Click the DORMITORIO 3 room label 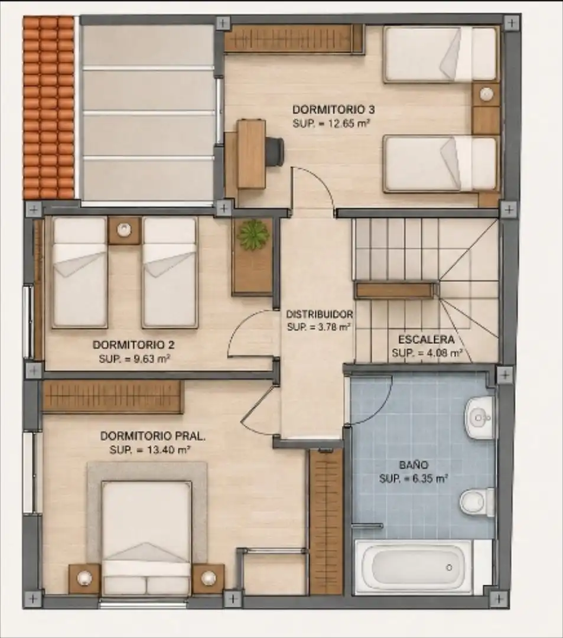pos(334,109)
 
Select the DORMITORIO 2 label pos(134,344)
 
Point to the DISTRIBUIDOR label pos(320,314)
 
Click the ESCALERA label pos(427,339)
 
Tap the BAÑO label pos(414,465)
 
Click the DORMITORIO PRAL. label pos(153,436)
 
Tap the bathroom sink pos(480,418)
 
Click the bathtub pos(414,567)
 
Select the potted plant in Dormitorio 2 pos(254,235)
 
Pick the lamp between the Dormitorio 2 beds pos(125,230)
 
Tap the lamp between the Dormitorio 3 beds pos(486,94)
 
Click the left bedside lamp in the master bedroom pos(84,578)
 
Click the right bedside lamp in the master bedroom pos(209,578)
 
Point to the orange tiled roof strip pos(49,108)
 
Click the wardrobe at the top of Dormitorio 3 pos(293,38)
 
